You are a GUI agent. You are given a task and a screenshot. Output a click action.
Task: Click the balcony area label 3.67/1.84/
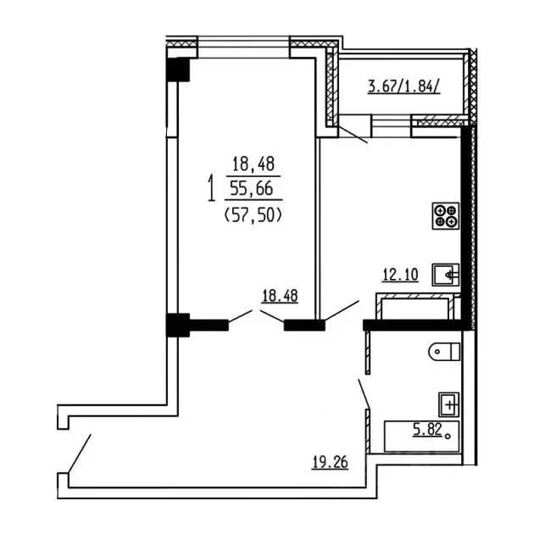coord(404,86)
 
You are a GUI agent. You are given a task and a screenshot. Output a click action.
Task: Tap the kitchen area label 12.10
coord(400,275)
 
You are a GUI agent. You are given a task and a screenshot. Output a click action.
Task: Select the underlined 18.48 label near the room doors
coord(280,296)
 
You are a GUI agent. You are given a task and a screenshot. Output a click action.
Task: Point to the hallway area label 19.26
coord(330,463)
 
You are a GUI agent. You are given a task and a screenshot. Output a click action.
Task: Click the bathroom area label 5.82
coord(427,429)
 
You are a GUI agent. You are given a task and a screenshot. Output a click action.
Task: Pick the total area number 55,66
coord(252,188)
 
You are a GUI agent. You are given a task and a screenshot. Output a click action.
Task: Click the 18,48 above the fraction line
coord(253,164)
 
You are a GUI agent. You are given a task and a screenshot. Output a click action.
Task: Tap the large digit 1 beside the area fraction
coord(212,188)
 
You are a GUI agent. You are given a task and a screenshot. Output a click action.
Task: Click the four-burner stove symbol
coord(446,216)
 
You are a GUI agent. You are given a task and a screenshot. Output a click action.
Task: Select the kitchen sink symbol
coord(446,275)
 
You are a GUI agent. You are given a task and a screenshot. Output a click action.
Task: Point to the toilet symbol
coord(444,352)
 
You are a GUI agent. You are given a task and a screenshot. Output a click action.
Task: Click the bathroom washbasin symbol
coord(449,404)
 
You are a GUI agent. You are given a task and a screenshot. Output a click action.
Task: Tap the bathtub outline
coord(421,437)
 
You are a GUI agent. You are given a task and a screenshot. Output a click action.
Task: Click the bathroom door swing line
coord(364,393)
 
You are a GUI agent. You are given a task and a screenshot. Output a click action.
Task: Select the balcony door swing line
coord(352,134)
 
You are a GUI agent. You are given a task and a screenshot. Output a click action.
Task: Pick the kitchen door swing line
coord(342,310)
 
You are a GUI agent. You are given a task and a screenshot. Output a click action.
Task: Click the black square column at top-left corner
coord(178,70)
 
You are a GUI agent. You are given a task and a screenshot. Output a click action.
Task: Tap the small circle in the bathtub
coord(448,436)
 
